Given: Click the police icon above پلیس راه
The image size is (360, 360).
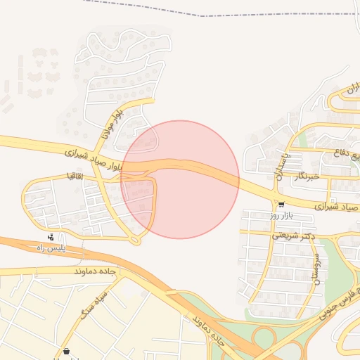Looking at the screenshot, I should (51, 237).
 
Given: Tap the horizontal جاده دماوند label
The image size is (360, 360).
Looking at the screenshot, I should (93, 271).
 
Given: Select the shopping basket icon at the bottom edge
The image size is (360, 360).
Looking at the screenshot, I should (66, 352).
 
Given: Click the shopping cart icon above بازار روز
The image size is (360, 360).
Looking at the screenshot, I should (281, 205).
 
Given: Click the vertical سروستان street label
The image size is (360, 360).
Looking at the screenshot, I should (316, 269).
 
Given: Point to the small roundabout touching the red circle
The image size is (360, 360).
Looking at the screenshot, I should (136, 240).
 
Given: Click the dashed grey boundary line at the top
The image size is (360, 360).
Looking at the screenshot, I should (211, 14).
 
